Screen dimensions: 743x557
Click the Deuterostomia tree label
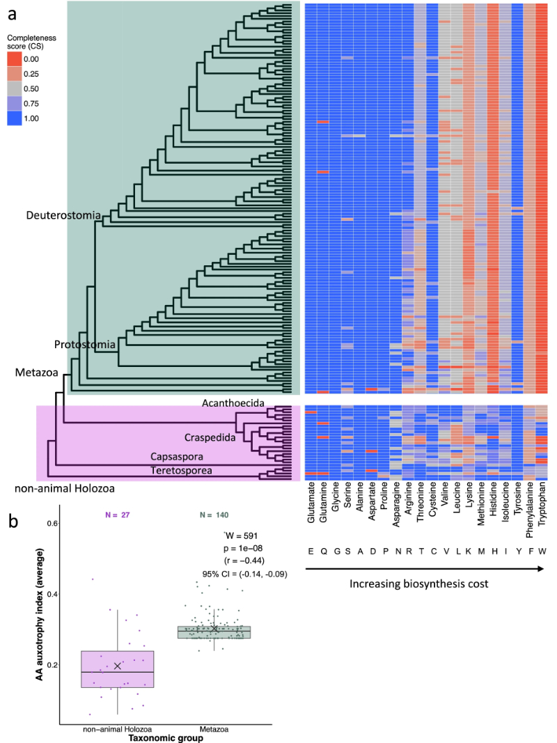pos(63,215)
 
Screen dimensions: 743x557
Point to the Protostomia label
pos(84,345)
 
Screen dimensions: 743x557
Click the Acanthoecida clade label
pos(235,403)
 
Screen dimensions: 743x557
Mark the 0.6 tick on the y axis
pos(49,522)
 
